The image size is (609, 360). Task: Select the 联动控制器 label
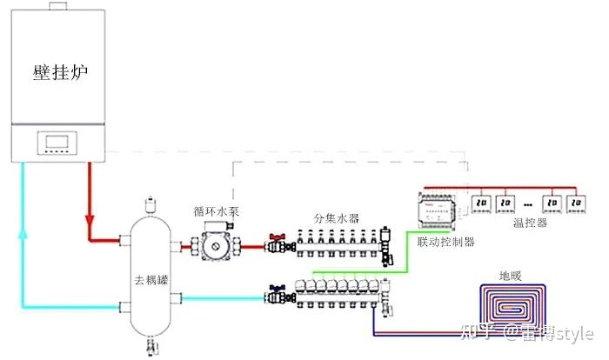446,241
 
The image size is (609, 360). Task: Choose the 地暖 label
510,277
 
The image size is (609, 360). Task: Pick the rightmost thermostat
574,203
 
